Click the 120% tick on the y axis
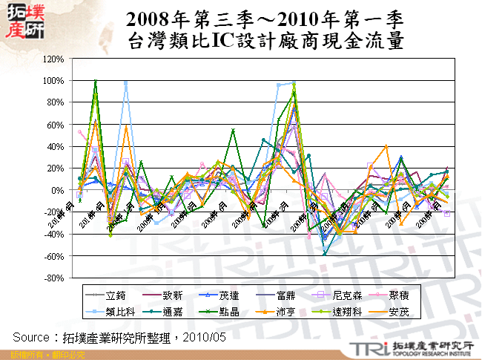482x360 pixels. coord(53,59)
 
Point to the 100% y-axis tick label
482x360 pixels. coord(53,80)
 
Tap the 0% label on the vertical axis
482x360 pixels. coord(58,191)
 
